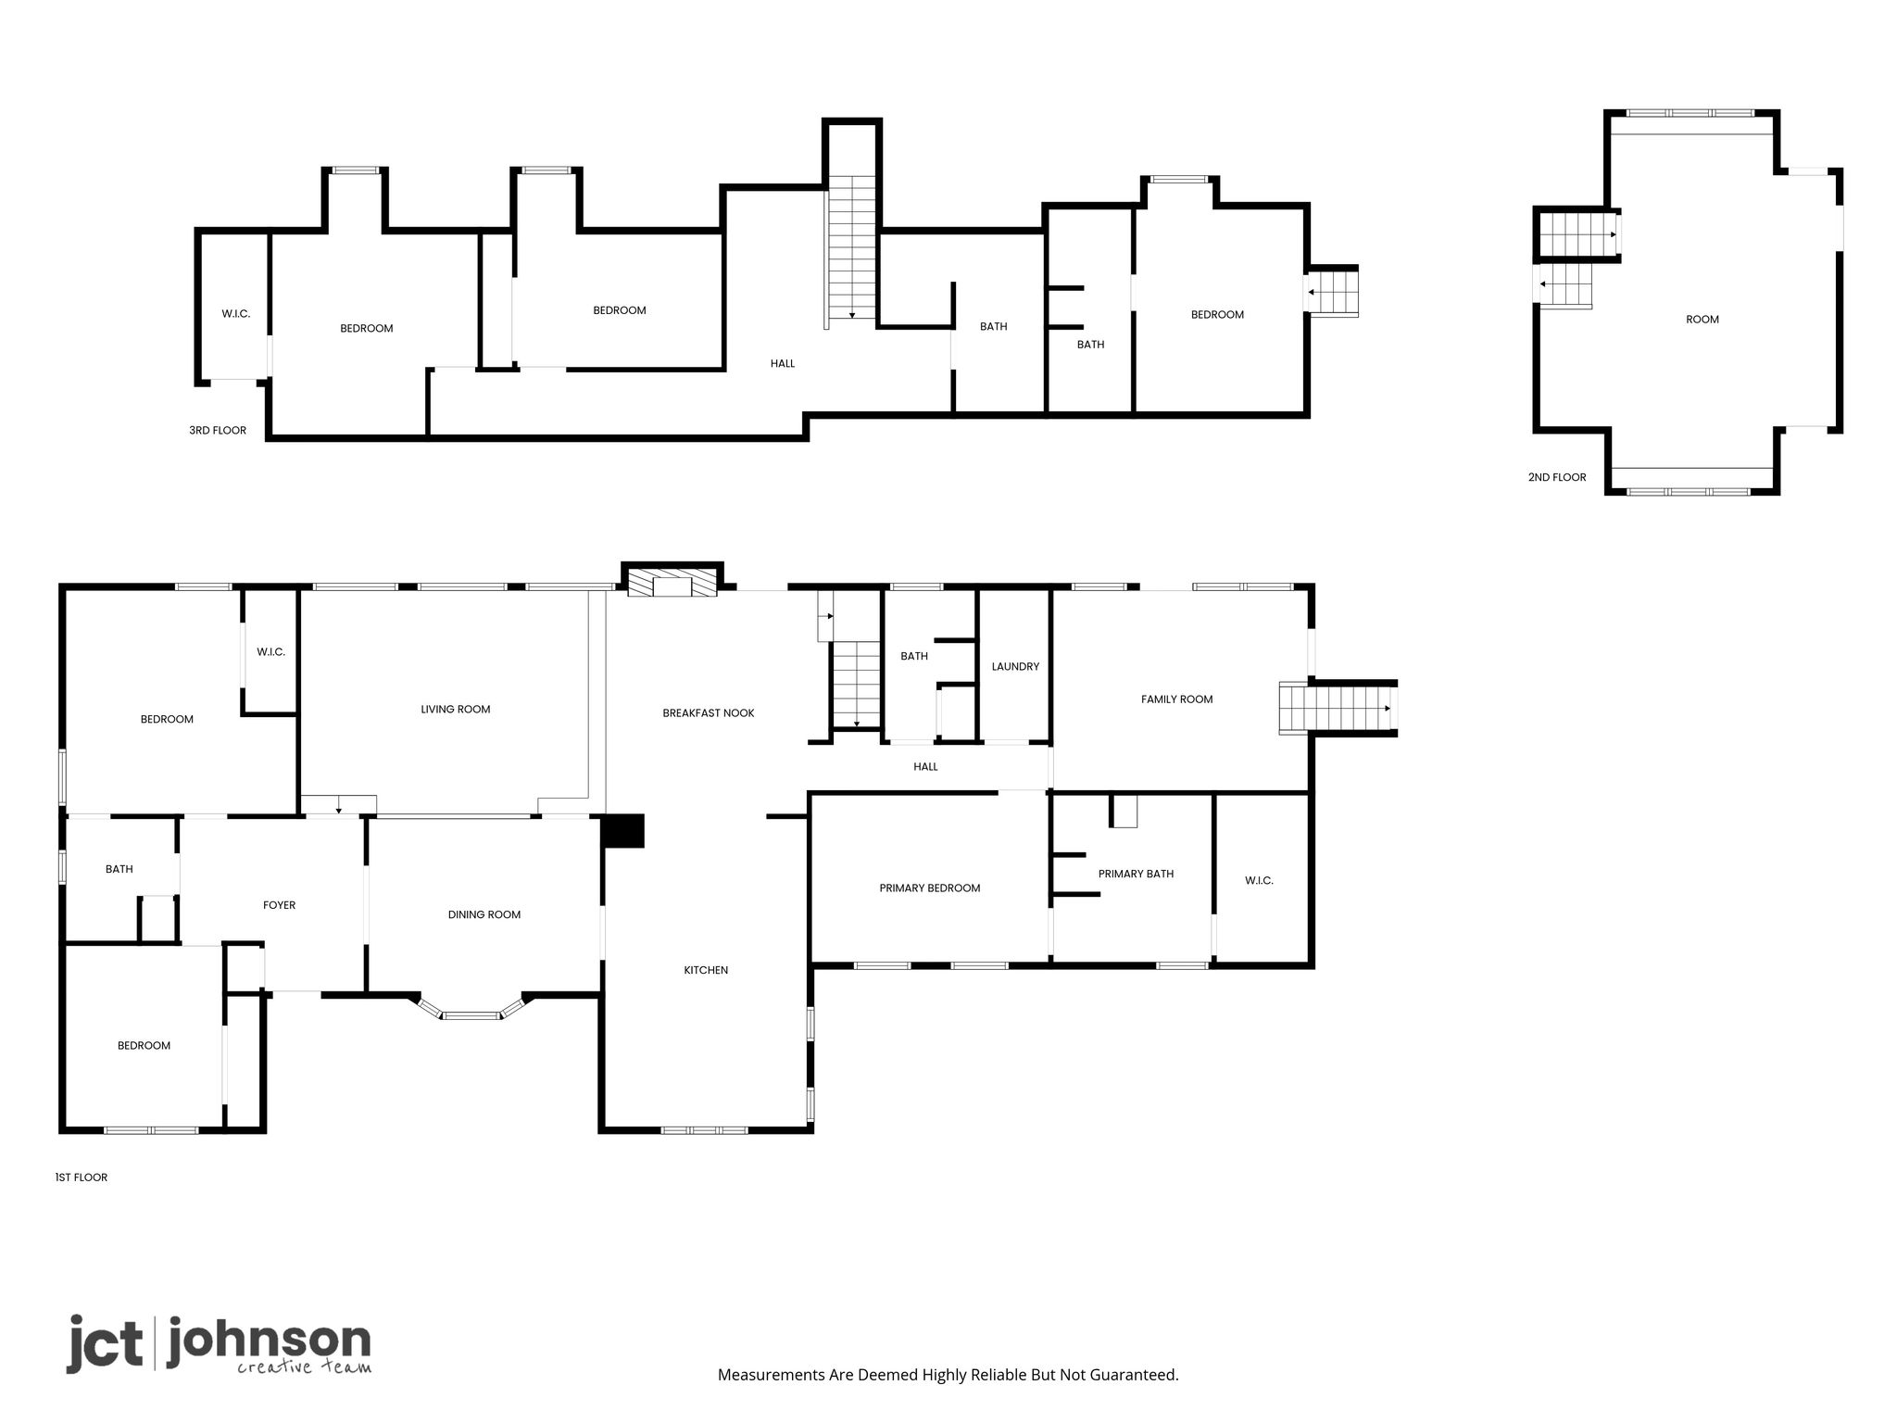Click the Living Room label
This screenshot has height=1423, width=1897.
coord(455,710)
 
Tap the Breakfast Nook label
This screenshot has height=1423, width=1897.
coord(709,713)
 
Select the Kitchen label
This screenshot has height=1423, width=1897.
coord(706,970)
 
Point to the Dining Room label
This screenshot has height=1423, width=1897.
coord(484,914)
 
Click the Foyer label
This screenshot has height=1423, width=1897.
coord(279,905)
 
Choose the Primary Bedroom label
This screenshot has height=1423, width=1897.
coord(930,888)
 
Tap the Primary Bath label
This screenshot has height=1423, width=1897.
coord(1136,874)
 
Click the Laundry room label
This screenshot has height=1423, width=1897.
coord(1015,667)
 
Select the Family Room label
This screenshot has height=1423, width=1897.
coord(1176,699)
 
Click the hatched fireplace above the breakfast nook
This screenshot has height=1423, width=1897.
coord(672,582)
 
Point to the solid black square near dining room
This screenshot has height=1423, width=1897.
coord(622,830)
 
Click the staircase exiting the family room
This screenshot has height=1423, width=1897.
coord(1338,709)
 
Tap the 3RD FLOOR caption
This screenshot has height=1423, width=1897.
coord(218,431)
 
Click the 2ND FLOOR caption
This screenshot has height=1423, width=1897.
coord(1557,478)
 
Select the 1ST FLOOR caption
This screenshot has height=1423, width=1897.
coord(82,1177)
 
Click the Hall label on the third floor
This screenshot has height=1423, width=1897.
coord(783,364)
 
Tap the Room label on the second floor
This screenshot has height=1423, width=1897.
coord(1702,320)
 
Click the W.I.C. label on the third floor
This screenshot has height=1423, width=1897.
coord(235,314)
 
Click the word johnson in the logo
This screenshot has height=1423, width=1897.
coord(269,1341)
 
